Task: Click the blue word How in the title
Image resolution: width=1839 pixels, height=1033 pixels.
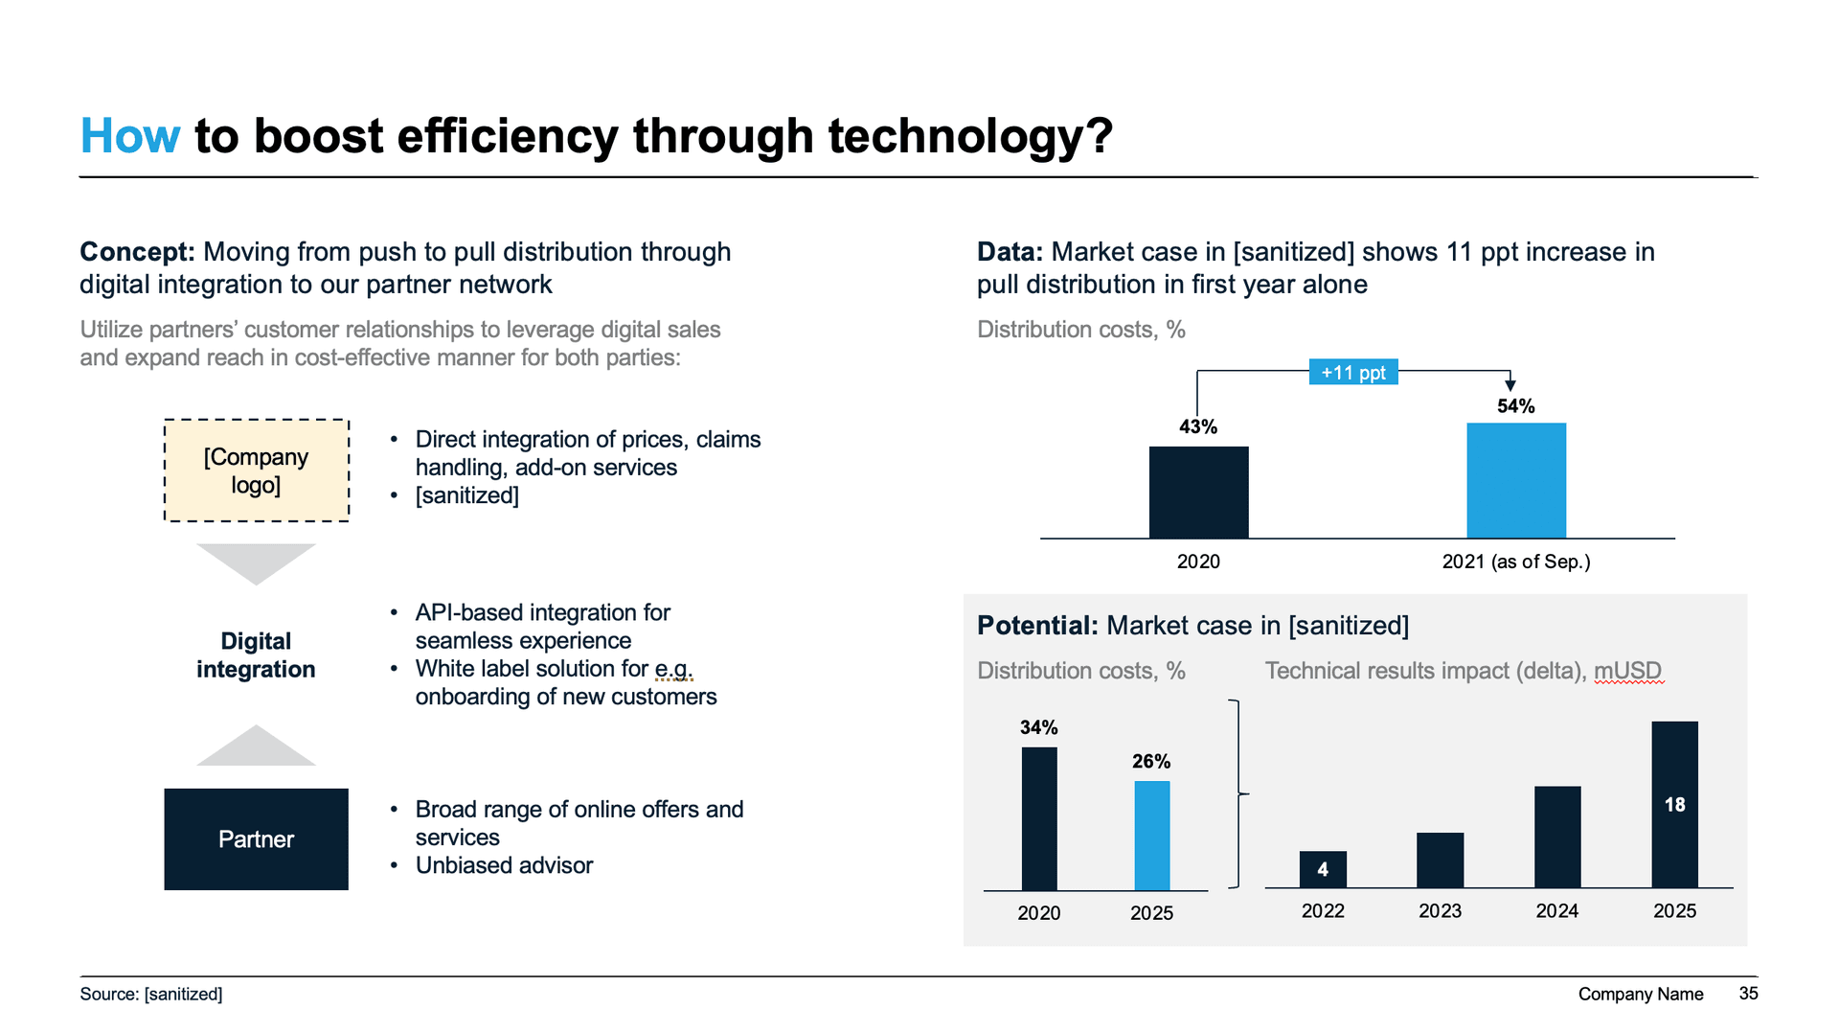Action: tap(129, 136)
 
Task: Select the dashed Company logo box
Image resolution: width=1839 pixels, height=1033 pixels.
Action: tap(256, 471)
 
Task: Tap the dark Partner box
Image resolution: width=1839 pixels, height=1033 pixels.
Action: tap(256, 839)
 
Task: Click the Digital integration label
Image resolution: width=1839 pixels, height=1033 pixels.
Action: tap(256, 655)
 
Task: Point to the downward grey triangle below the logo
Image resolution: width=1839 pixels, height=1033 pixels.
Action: tap(256, 561)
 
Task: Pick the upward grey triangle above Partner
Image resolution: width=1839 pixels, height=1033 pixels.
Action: tap(256, 748)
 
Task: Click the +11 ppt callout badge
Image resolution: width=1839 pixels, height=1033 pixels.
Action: tap(1352, 373)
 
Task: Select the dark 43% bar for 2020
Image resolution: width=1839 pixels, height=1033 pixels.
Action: tap(1198, 493)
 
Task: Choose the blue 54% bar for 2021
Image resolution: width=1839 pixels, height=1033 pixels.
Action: tap(1515, 481)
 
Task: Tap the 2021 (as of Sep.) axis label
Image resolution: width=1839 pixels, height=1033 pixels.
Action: tap(1515, 562)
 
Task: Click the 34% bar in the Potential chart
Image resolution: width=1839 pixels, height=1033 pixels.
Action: tap(1039, 819)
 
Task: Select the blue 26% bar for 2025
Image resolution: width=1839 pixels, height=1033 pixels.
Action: tap(1151, 836)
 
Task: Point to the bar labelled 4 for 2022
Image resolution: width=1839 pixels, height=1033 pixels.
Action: tap(1323, 869)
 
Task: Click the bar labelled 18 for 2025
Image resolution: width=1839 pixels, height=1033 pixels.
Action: tap(1674, 805)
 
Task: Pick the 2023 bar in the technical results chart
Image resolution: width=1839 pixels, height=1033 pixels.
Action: tap(1440, 860)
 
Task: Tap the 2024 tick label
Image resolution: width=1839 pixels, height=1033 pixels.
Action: tap(1556, 911)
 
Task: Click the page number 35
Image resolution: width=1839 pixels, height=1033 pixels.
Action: tap(1748, 994)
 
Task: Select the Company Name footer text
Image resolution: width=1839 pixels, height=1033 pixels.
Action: tap(1640, 994)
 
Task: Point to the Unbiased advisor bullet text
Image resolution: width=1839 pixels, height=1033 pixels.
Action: tap(504, 865)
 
